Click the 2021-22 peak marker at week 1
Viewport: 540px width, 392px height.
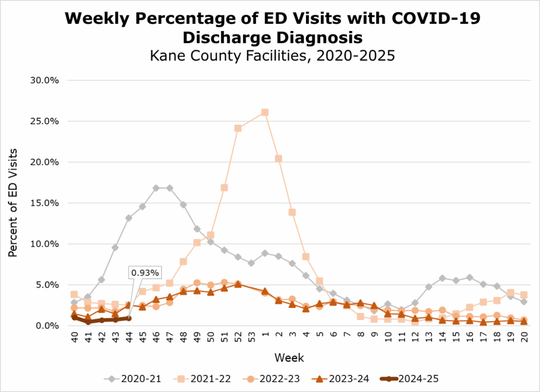(265, 112)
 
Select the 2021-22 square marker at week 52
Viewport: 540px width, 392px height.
(238, 128)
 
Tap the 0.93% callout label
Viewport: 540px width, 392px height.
(145, 272)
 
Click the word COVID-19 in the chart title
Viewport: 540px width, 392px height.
(435, 19)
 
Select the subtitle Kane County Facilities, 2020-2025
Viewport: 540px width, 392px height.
(270, 56)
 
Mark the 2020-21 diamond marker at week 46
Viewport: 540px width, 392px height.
(156, 188)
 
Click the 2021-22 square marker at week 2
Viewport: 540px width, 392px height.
(279, 159)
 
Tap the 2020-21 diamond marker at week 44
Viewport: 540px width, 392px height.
(129, 218)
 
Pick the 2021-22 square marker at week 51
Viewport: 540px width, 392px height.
(224, 187)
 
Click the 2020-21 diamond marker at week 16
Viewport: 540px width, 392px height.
(470, 277)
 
